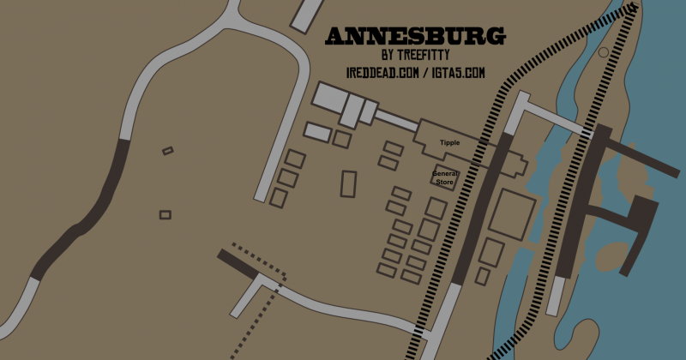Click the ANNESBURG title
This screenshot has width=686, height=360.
pyautogui.click(x=415, y=37)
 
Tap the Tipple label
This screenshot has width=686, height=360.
pyautogui.click(x=450, y=142)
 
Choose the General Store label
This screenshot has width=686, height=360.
pyautogui.click(x=446, y=177)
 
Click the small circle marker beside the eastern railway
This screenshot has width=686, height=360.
pyautogui.click(x=603, y=53)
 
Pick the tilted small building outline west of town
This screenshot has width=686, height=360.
pyautogui.click(x=167, y=151)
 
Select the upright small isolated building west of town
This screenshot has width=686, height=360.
pyautogui.click(x=165, y=214)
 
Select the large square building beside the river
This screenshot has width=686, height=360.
pyautogui.click(x=512, y=212)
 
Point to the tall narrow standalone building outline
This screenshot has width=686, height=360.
pyautogui.click(x=349, y=184)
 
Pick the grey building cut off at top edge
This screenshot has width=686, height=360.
pyautogui.click(x=305, y=15)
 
